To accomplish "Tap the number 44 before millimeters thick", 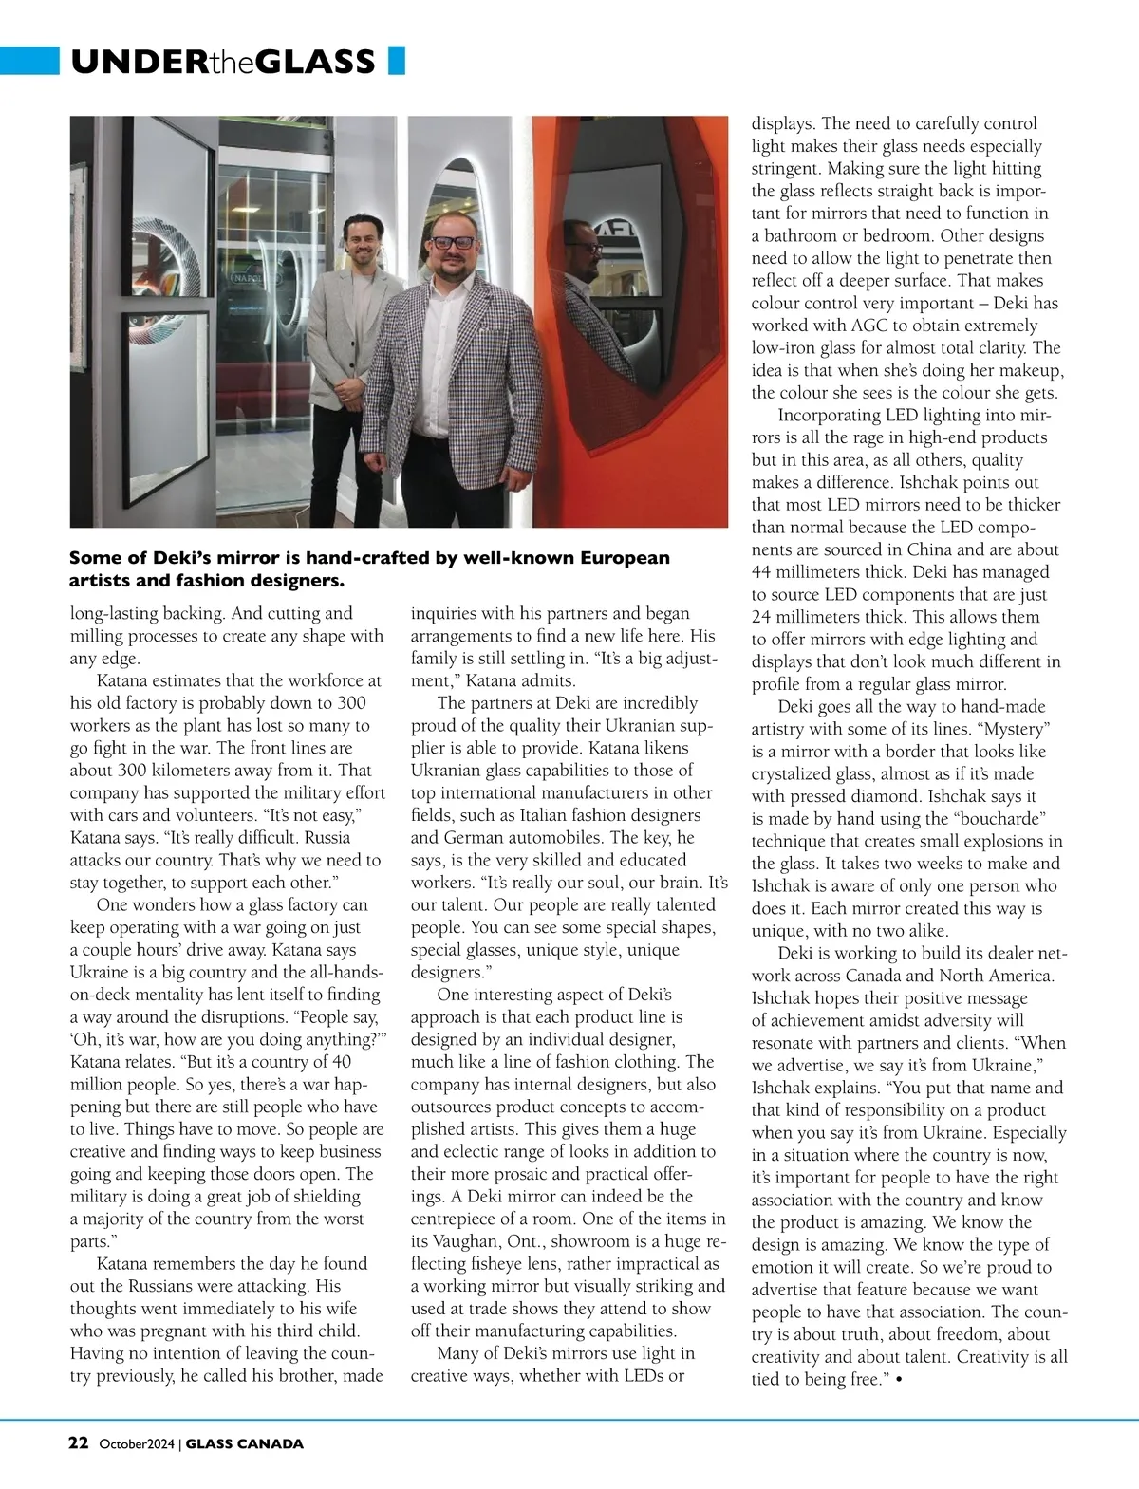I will tap(763, 572).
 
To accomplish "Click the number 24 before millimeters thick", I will tap(763, 617).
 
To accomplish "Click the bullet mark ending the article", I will tap(897, 1379).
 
